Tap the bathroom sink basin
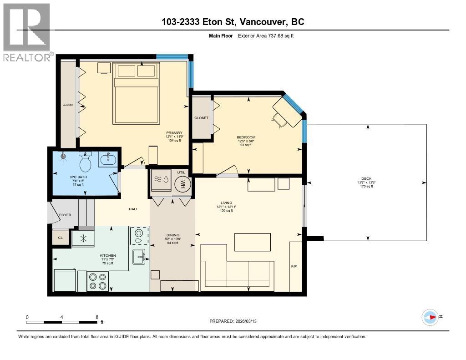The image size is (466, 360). (108, 159)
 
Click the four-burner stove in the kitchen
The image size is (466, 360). (98, 281)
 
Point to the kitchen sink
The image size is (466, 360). (139, 257)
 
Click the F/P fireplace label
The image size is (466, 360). (294, 266)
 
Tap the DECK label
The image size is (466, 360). (366, 179)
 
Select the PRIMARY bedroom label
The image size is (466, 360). (174, 132)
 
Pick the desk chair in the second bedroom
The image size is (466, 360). (277, 121)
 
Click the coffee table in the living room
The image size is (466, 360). (253, 242)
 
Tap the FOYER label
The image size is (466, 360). (65, 215)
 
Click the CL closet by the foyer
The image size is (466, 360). (61, 238)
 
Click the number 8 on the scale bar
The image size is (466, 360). (97, 317)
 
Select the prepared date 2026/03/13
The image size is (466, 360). (246, 321)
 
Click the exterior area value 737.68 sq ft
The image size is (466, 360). (281, 35)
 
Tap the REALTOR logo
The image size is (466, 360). (27, 32)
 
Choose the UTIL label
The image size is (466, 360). (181, 172)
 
